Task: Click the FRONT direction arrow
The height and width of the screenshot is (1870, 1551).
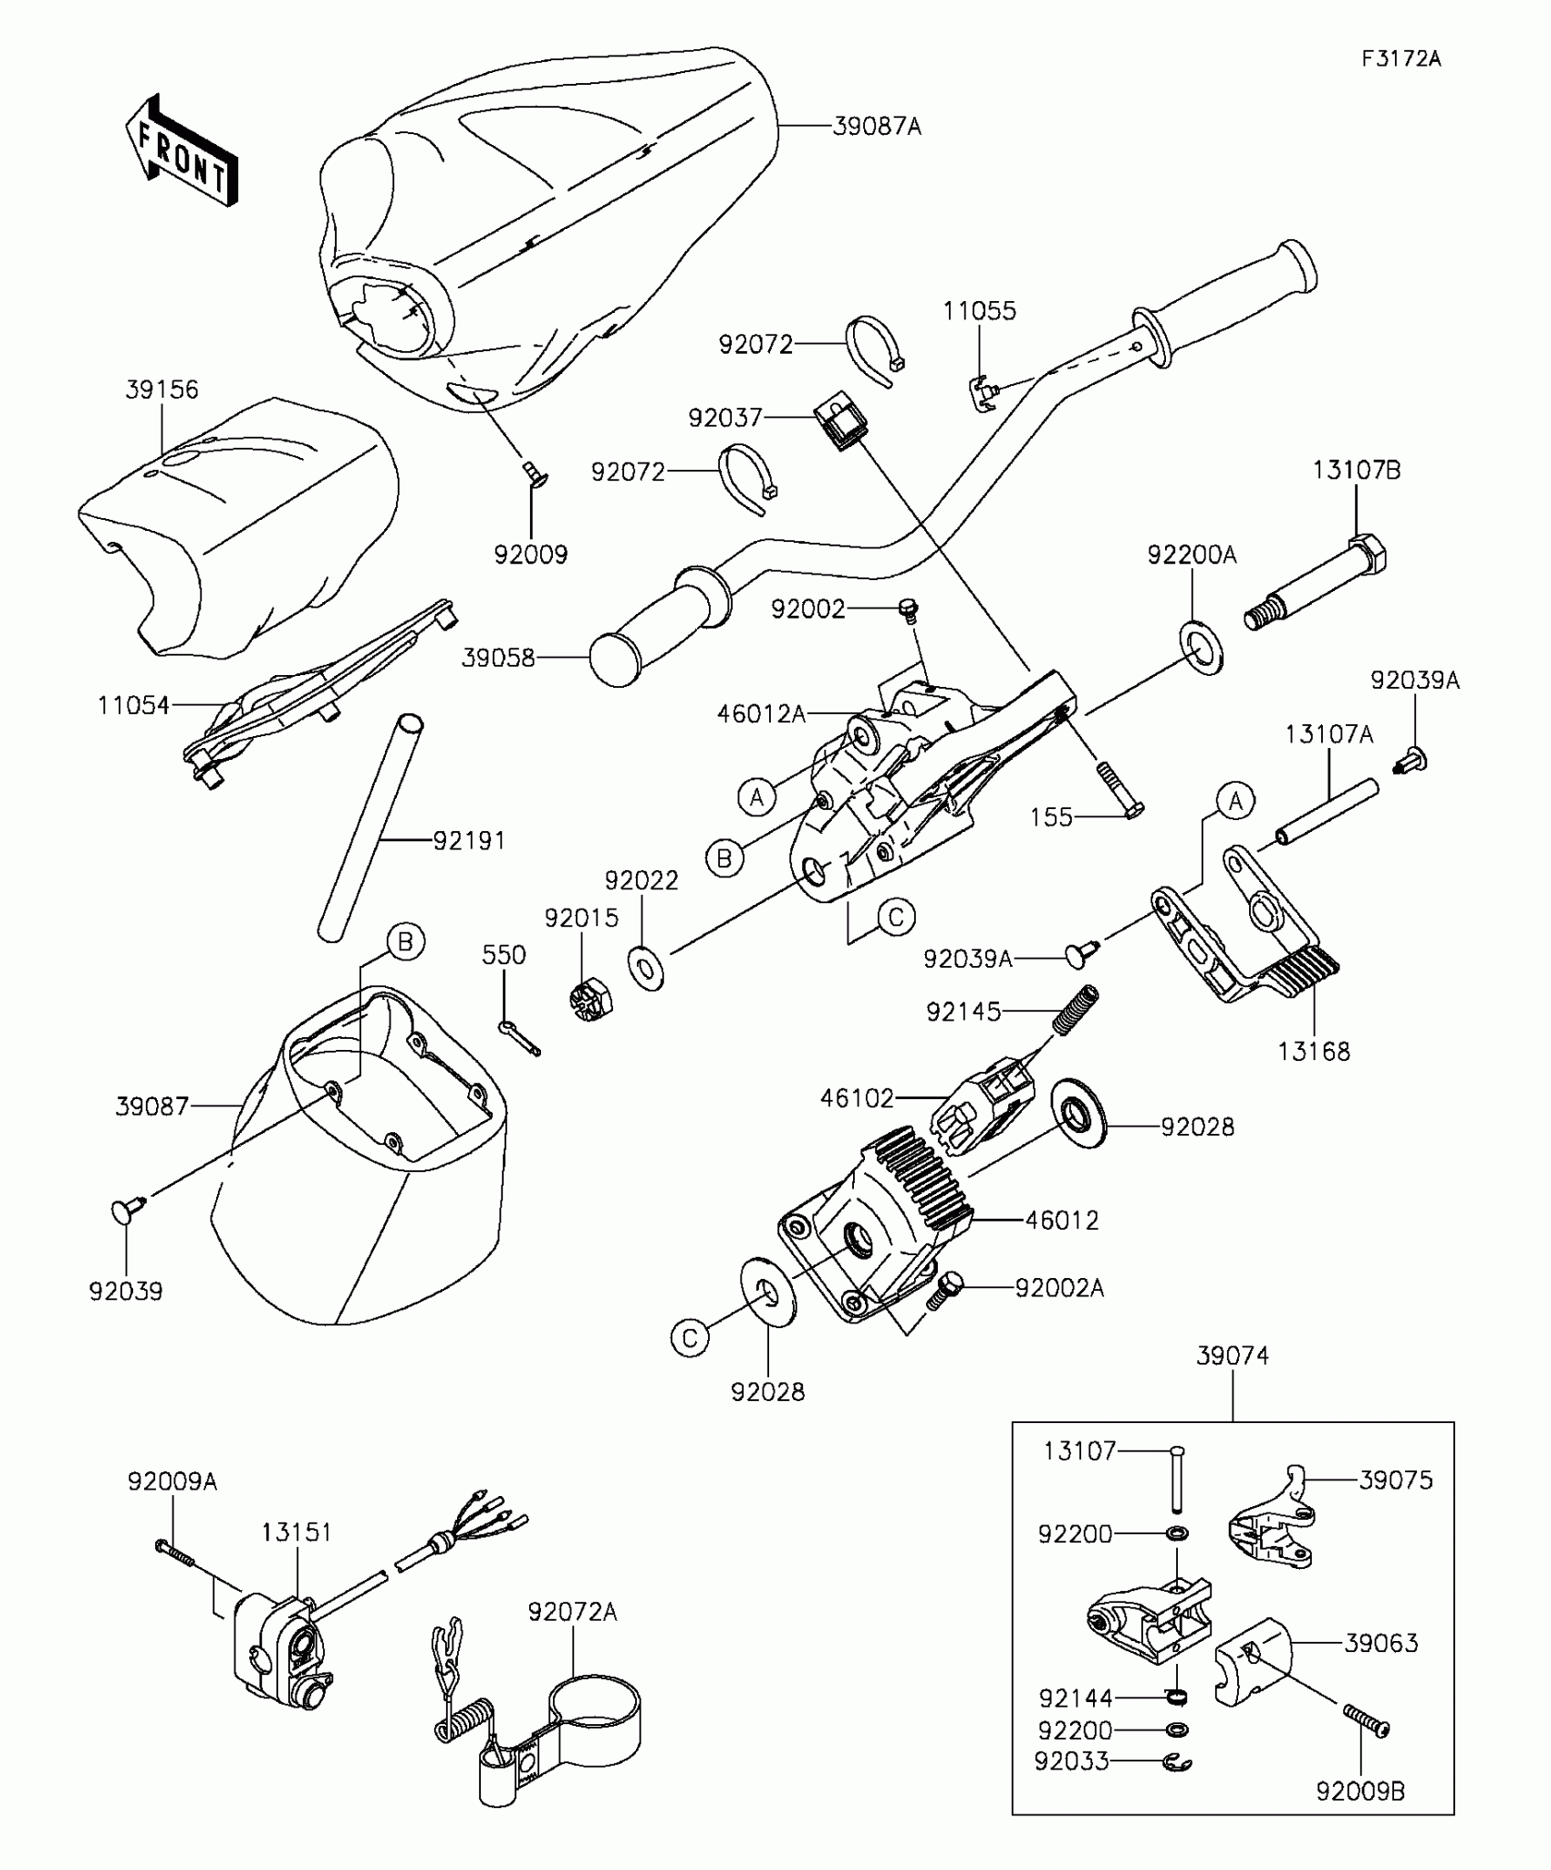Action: point(181,151)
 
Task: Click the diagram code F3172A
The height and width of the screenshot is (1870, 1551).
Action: point(1400,59)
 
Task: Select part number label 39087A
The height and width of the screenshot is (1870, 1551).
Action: point(877,127)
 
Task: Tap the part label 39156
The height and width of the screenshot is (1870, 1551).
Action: point(161,390)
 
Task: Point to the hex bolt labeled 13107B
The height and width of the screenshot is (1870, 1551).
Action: point(1318,581)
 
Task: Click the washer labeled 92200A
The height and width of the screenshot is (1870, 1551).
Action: point(1202,648)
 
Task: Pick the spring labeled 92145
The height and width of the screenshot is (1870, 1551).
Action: point(1076,1010)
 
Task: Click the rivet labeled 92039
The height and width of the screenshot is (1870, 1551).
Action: point(129,1210)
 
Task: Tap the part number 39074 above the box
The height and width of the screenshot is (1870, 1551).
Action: point(1232,1356)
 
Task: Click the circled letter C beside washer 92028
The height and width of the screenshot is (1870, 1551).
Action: point(690,1338)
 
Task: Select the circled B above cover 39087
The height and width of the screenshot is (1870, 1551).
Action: point(405,941)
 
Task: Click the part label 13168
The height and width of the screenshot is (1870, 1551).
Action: point(1313,1051)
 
